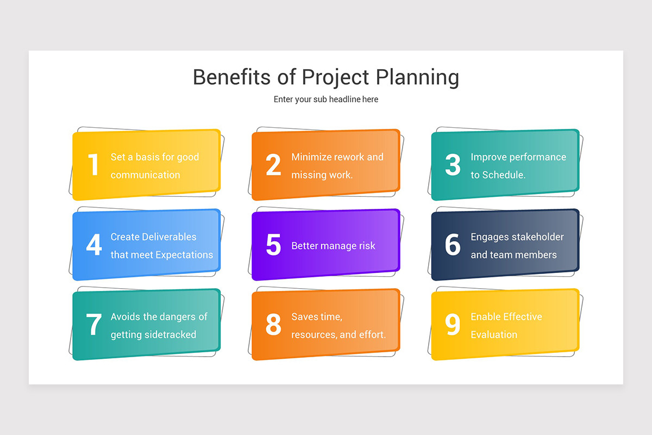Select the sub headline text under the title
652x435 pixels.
326,100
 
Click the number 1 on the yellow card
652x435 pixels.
94,165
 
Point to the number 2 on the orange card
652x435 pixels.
273,165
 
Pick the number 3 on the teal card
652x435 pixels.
453,165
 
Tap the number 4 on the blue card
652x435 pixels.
94,245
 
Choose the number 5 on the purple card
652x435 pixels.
273,245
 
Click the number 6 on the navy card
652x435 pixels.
453,245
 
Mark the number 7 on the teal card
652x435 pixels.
94,325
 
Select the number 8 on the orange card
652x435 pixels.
273,325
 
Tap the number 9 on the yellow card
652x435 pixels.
453,325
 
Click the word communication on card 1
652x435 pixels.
145,175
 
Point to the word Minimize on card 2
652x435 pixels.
311,157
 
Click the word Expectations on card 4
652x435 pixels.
184,255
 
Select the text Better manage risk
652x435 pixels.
333,246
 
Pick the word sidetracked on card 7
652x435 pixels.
170,335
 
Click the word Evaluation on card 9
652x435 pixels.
494,335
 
